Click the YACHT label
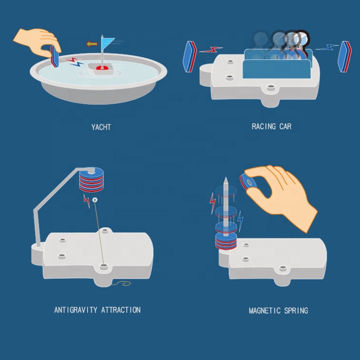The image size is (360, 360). [101, 127]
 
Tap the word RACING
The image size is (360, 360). [264, 126]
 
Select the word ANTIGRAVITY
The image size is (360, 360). [76, 310]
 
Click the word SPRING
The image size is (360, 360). [296, 311]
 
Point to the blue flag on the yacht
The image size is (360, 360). [107, 43]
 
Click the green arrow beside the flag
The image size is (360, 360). [92, 44]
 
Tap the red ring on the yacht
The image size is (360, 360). [102, 68]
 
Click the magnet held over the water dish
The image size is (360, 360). [55, 57]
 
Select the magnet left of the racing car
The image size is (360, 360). [190, 57]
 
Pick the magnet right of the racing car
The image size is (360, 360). [345, 57]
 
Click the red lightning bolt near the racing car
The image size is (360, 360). [211, 49]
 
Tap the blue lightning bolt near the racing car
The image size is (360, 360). [327, 48]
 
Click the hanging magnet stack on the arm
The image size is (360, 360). [91, 180]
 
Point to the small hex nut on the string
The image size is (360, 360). [95, 200]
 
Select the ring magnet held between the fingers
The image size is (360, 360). [246, 181]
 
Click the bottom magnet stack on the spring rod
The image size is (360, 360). [226, 241]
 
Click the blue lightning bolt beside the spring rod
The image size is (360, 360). [240, 221]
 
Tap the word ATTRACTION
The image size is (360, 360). [121, 310]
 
